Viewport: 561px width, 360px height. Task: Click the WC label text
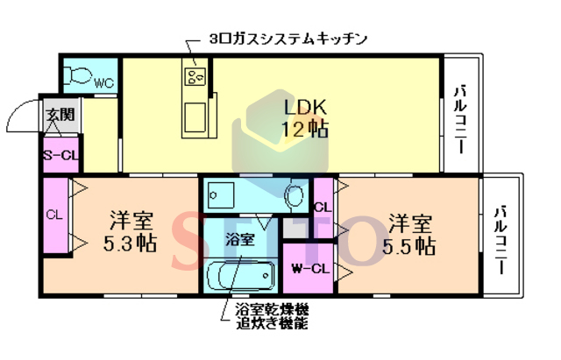(x=103, y=84)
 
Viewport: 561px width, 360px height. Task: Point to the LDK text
(x=304, y=107)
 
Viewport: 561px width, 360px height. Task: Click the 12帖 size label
(x=304, y=130)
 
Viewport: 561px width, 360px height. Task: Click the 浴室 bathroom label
(x=239, y=237)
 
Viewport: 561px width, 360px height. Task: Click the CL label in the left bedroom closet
(x=54, y=215)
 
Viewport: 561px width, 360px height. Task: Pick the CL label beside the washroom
(x=322, y=208)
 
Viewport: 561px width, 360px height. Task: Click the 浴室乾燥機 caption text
(x=272, y=310)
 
